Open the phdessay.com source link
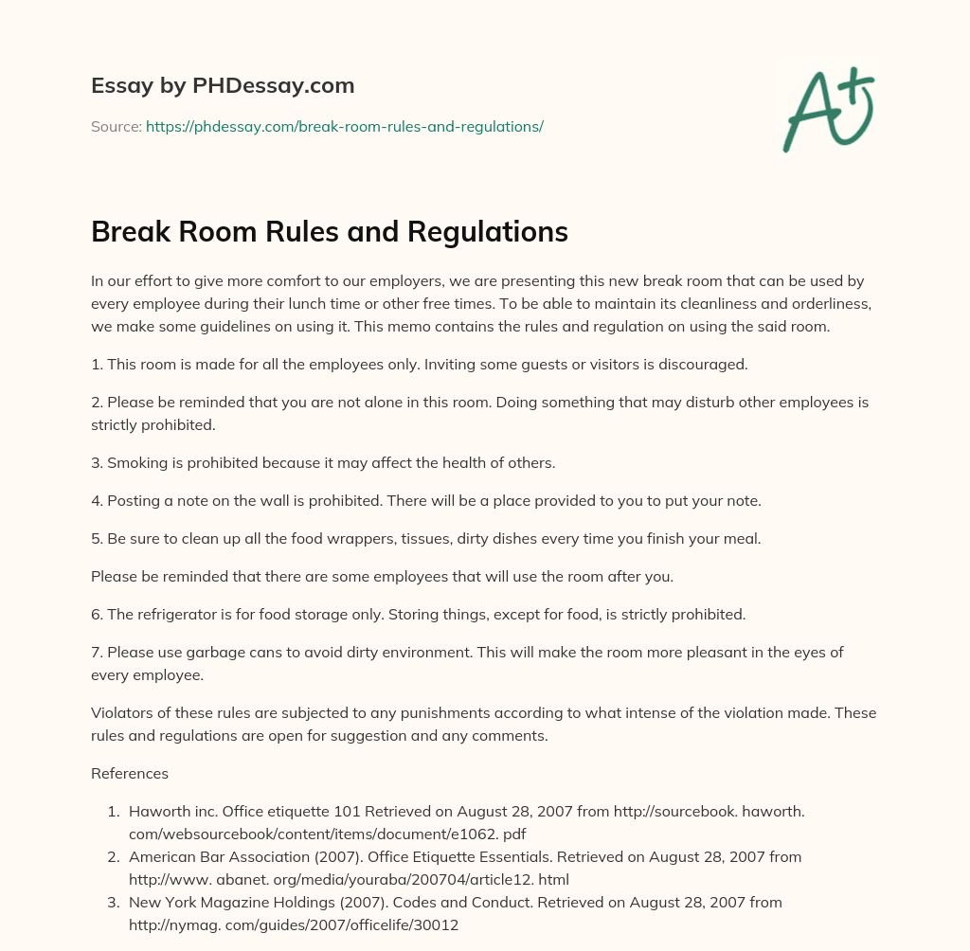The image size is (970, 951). (x=344, y=126)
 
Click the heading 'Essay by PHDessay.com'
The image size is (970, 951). (x=223, y=85)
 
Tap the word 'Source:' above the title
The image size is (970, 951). (x=116, y=126)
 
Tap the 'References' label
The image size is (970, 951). (x=130, y=773)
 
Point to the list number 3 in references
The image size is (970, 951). (x=113, y=902)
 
